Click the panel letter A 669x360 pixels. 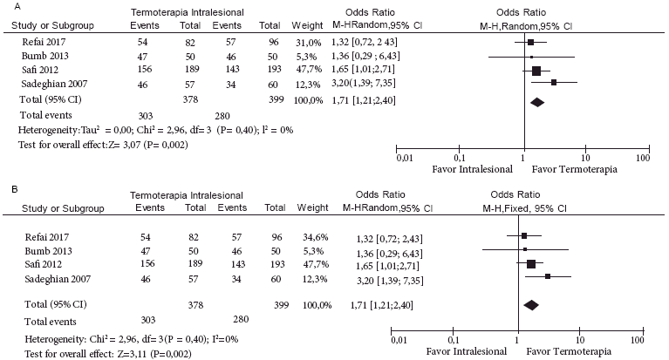click(x=7, y=7)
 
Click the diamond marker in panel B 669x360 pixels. click(x=531, y=304)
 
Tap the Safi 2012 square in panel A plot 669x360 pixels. click(x=536, y=71)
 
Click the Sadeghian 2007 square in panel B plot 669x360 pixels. click(x=548, y=276)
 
